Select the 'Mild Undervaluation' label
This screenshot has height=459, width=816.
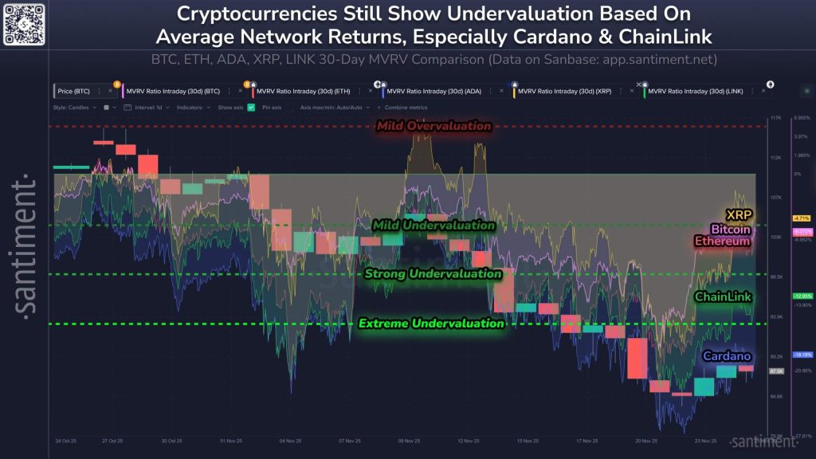tap(433, 226)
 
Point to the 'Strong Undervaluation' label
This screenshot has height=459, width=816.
tap(433, 274)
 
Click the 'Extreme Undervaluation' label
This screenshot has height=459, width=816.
tap(431, 324)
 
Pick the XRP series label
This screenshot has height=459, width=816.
tap(738, 214)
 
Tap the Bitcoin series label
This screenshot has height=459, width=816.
tap(731, 229)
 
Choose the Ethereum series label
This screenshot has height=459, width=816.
tap(722, 241)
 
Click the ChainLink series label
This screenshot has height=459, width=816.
tap(723, 296)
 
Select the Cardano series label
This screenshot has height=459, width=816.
tap(726, 356)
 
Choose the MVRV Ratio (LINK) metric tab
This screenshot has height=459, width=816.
tap(696, 92)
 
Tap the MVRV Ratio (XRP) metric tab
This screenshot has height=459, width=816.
tap(565, 92)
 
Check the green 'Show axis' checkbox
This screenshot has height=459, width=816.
tap(251, 107)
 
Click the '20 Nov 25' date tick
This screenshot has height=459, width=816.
tap(646, 440)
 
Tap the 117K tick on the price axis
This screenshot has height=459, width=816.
tap(775, 118)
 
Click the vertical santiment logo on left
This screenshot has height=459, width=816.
tap(25, 246)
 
